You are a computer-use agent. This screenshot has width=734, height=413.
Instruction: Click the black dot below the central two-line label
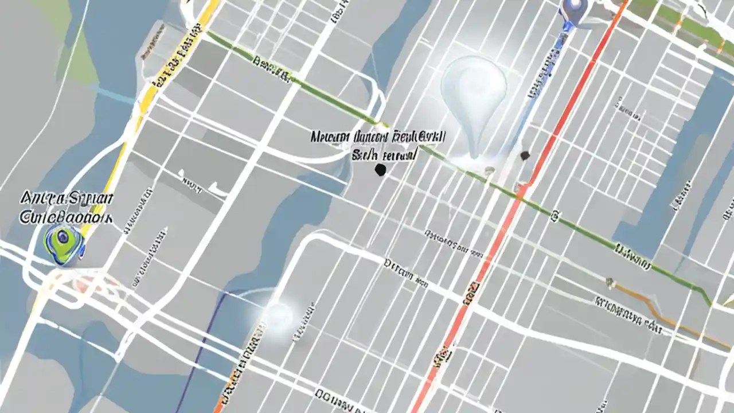379,169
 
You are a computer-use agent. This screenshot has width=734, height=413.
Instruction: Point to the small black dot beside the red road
524,155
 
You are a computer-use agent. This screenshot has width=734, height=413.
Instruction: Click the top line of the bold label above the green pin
67,200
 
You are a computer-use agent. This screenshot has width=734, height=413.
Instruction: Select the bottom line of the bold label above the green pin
67,217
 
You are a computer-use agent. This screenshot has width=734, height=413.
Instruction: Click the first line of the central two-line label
378,137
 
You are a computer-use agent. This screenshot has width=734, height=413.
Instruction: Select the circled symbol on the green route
555,216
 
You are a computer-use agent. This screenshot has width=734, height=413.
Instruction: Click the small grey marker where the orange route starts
610,282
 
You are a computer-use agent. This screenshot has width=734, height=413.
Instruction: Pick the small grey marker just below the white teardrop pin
489,170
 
